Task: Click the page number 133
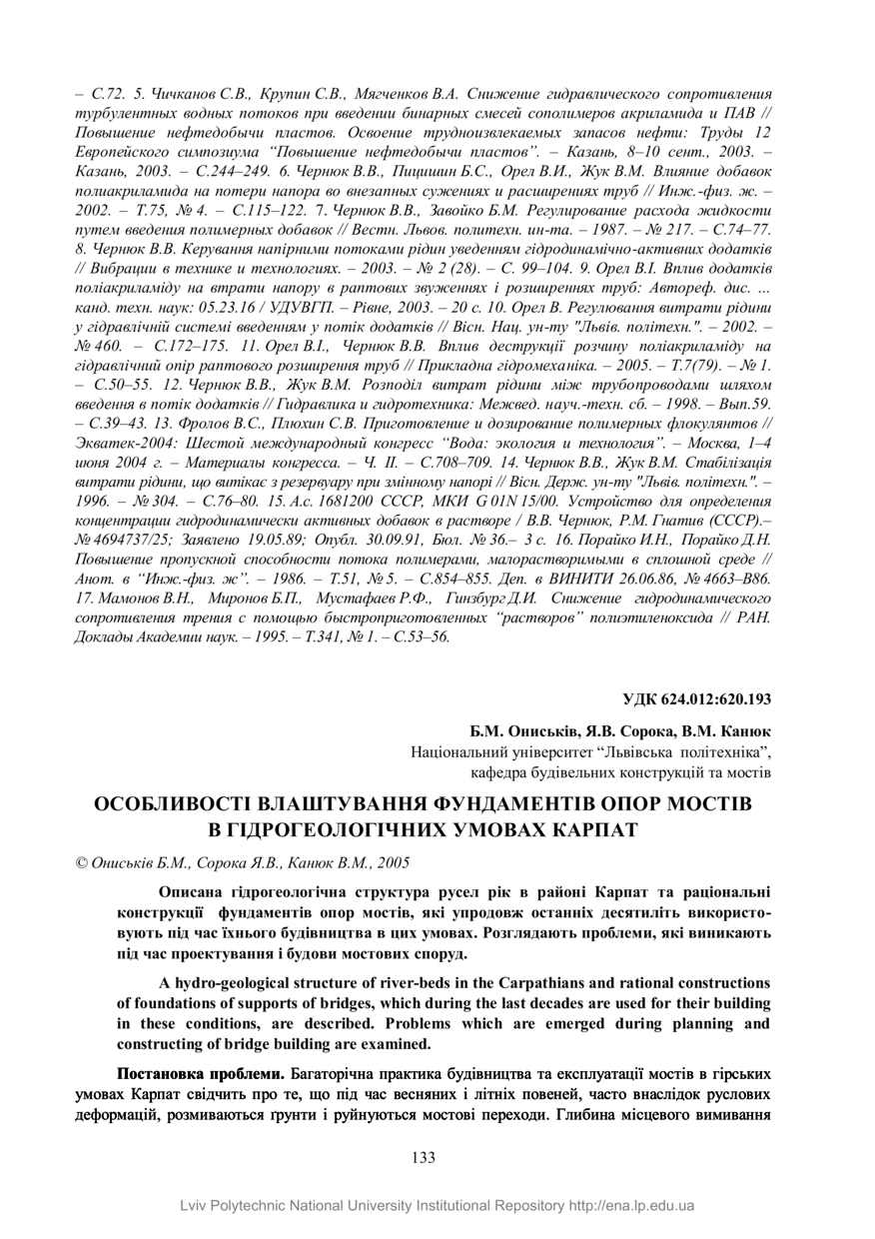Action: click(x=424, y=1157)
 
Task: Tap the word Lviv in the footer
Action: click(x=196, y=1206)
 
